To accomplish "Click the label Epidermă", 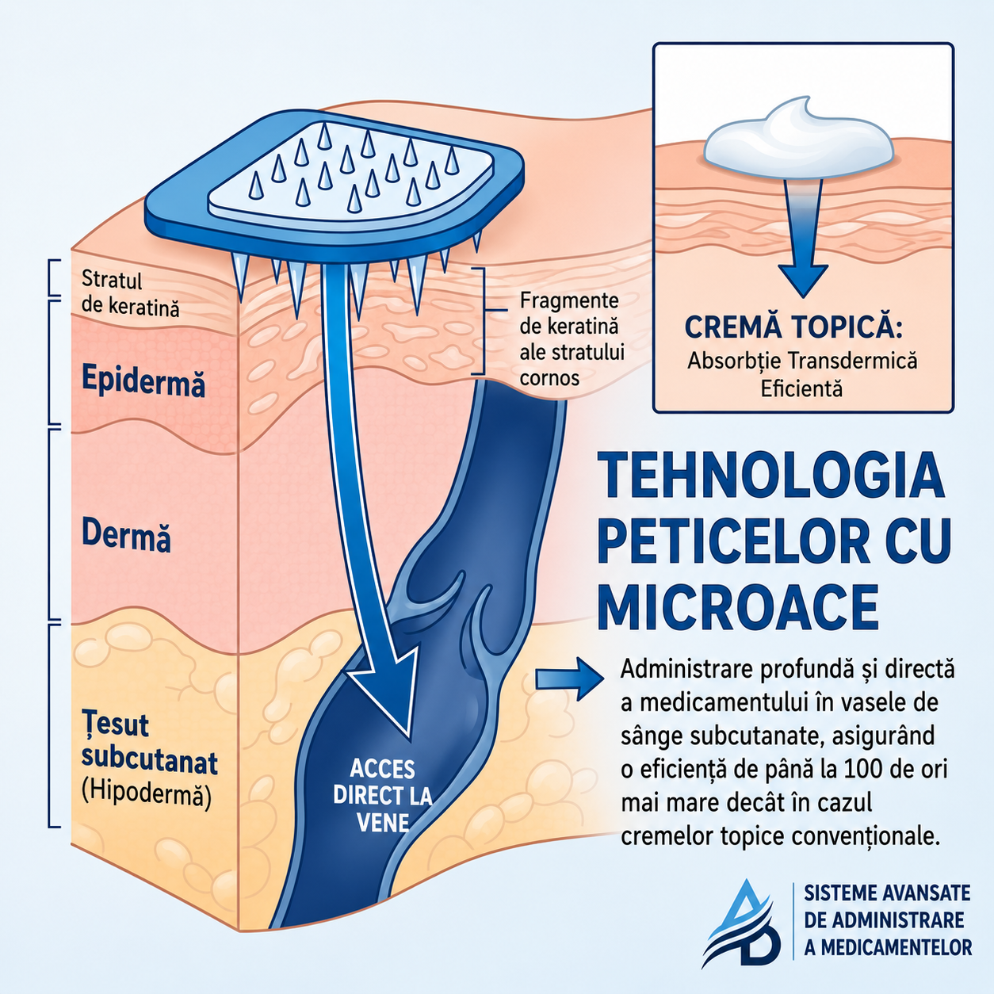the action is pyautogui.click(x=143, y=380).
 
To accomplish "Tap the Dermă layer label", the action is pyautogui.click(x=126, y=534).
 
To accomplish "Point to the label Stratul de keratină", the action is pyautogui.click(x=131, y=293).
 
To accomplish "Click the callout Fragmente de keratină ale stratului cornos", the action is pyautogui.click(x=572, y=339).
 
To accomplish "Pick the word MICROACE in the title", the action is pyautogui.click(x=739, y=606).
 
